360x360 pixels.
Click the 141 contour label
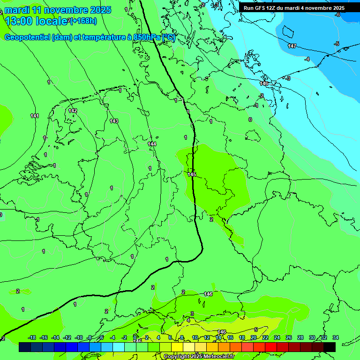pyautogui.click(x=35, y=116)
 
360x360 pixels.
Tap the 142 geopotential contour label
pyautogui.click(x=73, y=111)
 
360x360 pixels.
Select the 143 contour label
pyautogui.click(x=114, y=121)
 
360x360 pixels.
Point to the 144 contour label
pyautogui.click(x=151, y=144)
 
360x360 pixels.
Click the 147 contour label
pyautogui.click(x=292, y=46)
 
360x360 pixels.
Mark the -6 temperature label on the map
pyautogui.click(x=337, y=15)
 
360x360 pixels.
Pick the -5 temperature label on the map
pyautogui.click(x=336, y=44)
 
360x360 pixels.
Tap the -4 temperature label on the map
pyautogui.click(x=307, y=59)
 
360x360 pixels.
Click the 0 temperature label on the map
pyautogui.click(x=250, y=120)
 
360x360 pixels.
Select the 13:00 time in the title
pyautogui.click(x=19, y=21)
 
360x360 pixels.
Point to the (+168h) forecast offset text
pyautogui.click(x=83, y=21)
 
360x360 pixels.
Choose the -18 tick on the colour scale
pyautogui.click(x=32, y=337)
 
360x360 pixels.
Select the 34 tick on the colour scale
pyautogui.click(x=336, y=337)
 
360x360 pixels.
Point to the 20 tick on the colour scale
pyautogui.click(x=254, y=337)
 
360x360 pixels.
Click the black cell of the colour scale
pyautogui.click(x=330, y=347)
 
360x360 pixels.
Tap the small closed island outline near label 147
pyautogui.click(x=287, y=31)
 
